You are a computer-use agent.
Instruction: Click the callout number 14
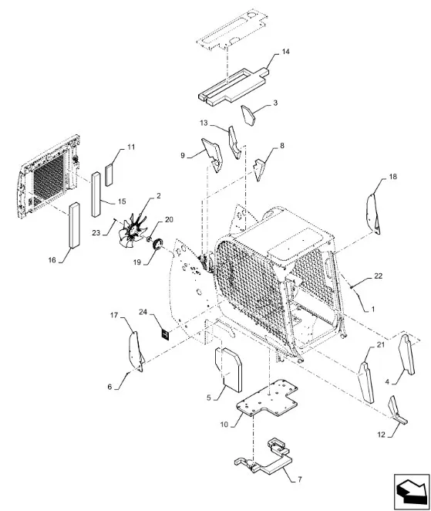coord(285,52)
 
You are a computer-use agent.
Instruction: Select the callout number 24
coord(143,312)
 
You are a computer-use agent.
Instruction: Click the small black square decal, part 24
coord(166,335)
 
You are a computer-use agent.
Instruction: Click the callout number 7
coord(299,479)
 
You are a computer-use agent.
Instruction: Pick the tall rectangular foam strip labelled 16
coord(74,225)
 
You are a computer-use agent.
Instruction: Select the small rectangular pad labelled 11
coord(109,175)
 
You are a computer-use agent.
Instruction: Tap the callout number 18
coord(393,177)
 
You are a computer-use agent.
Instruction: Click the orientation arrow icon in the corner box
coord(412,491)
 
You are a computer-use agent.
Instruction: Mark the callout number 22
coord(378,276)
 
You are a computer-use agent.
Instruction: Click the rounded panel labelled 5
coord(228,370)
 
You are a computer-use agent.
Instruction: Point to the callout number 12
coord(381,435)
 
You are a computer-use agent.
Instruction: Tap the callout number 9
coord(183,155)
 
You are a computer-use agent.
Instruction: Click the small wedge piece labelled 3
coord(248,115)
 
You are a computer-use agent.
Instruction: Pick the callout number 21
coord(381,345)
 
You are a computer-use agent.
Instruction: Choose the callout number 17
coord(114,315)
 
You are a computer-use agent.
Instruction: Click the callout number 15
coord(122,201)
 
